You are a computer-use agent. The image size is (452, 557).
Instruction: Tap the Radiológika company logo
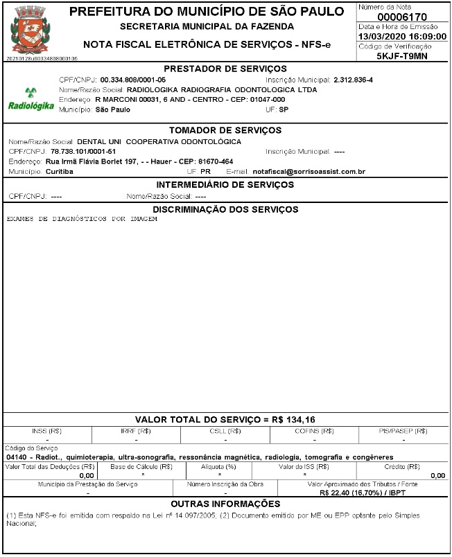coord(30,100)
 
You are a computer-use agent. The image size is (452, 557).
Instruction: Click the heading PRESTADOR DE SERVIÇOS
coord(225,69)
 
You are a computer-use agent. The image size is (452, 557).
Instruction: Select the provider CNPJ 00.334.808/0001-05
coord(133,80)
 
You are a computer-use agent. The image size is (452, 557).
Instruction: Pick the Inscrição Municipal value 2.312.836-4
coord(353,80)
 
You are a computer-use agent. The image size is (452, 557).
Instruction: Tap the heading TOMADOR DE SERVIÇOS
coord(225,131)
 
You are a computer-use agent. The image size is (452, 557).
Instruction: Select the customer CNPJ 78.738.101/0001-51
coord(83,151)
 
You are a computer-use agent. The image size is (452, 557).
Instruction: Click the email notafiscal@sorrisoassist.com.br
coord(309,170)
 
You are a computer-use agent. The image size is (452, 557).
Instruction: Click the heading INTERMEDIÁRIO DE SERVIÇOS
coord(225,185)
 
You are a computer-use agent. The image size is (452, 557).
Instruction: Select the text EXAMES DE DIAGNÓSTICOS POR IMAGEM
coord(82,219)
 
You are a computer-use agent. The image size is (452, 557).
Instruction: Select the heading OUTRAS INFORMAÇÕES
coord(225,504)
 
